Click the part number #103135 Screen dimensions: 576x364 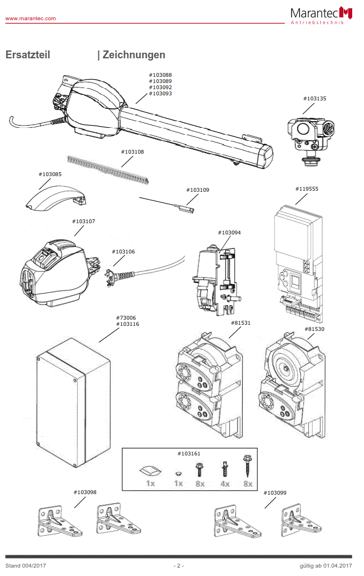point(315,99)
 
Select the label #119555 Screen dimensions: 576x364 point(307,189)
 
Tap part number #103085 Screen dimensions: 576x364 point(50,174)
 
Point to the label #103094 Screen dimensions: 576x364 point(229,232)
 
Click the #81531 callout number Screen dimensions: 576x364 point(240,323)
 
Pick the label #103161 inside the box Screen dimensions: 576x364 point(189,453)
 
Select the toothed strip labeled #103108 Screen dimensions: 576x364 point(107,168)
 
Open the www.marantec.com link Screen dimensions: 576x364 point(30,19)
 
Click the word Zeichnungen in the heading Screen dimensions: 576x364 point(134,55)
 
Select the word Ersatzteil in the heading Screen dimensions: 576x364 point(28,55)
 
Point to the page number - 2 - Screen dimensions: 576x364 point(179,566)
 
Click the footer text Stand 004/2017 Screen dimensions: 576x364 point(26,566)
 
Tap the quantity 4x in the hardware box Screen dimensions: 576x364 point(225,483)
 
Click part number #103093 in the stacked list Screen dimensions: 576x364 point(161,94)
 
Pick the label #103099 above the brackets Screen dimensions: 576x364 point(275,492)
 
